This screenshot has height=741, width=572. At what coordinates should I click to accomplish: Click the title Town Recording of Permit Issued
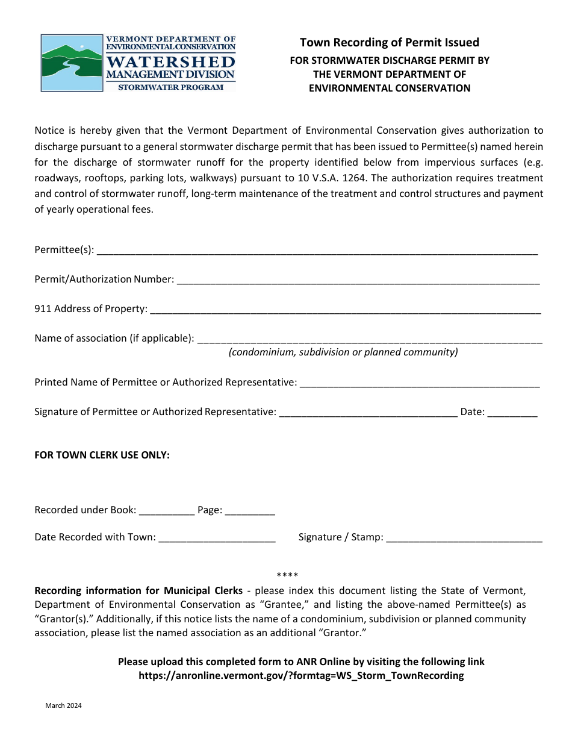390,42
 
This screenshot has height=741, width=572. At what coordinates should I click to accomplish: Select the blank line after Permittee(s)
317,251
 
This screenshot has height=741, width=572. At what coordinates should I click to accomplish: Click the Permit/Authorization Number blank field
358,280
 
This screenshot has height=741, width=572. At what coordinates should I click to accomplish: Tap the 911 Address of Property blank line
345,309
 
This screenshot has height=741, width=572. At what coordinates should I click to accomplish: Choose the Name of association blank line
370,339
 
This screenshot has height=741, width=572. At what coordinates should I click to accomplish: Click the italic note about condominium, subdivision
343,352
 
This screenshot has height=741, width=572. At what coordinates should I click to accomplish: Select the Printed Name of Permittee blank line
419,383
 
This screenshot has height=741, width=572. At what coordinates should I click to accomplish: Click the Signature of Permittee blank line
368,412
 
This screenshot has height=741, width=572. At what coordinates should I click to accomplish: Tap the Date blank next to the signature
512,412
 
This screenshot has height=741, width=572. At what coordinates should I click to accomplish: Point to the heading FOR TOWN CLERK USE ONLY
102,455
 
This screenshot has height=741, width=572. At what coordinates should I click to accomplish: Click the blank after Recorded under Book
167,510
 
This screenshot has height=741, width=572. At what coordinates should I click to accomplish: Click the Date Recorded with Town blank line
217,537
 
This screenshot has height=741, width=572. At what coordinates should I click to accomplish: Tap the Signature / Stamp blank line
464,537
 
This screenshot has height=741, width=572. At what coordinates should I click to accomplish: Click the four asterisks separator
287,575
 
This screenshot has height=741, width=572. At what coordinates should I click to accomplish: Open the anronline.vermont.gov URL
301,675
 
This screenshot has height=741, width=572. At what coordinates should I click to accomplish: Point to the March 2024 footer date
63,706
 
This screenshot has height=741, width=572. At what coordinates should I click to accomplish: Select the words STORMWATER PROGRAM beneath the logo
170,87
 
